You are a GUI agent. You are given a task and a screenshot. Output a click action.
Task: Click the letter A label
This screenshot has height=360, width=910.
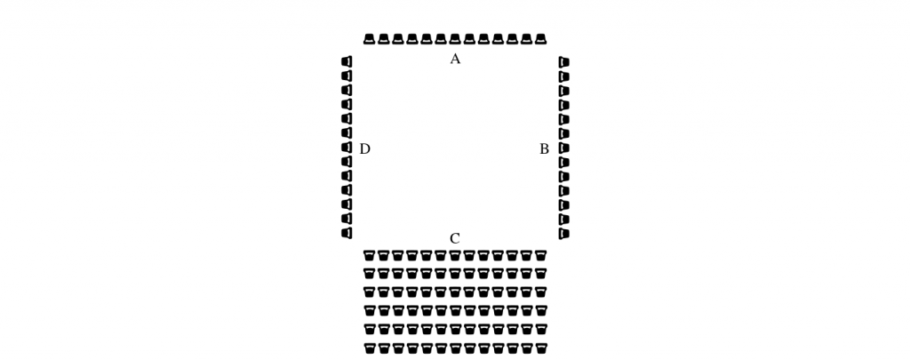point(455,59)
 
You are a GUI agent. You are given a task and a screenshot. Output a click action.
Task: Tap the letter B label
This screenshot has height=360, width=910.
point(545,149)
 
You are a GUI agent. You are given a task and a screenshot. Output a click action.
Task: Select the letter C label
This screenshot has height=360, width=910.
point(455,238)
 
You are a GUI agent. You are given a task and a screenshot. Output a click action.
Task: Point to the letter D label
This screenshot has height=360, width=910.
point(364,149)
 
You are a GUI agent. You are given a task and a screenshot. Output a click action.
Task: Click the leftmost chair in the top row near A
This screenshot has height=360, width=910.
point(369,39)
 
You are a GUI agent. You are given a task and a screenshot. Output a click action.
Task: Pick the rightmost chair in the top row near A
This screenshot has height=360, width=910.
point(541,39)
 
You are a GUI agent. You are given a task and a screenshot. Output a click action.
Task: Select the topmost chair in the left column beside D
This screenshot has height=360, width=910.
point(347,61)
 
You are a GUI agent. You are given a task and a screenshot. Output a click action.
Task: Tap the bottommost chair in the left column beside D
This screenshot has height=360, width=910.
point(347,233)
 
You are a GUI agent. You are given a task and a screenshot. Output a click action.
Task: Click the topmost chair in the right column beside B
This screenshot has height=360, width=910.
point(563,62)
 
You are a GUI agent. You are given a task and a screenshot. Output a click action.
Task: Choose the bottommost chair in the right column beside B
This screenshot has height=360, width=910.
point(563,234)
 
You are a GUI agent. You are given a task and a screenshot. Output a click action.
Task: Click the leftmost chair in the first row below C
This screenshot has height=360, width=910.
point(369,255)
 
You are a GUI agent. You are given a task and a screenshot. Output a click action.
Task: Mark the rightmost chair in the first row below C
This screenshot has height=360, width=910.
point(541,255)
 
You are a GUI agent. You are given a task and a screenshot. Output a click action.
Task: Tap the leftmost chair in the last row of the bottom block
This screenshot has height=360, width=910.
point(369,348)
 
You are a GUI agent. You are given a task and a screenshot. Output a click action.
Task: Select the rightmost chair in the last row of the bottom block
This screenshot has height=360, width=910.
point(541,348)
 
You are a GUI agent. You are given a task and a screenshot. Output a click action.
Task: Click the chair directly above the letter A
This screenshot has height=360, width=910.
point(455,39)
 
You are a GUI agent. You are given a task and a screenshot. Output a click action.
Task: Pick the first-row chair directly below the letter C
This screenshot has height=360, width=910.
point(455,255)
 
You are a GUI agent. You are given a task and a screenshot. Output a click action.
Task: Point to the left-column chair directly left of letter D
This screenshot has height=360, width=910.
point(347,148)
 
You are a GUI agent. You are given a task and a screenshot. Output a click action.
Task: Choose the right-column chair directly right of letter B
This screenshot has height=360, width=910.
point(563,148)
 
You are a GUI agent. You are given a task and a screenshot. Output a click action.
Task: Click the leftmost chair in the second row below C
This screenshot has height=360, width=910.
point(369,273)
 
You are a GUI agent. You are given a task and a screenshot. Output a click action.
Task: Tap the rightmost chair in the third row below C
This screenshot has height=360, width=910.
point(541,292)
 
